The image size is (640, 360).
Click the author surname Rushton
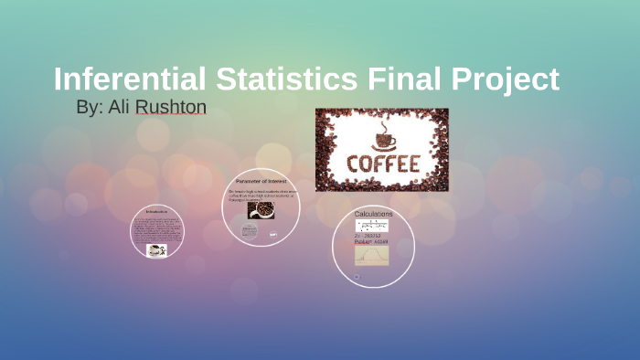tap(171, 108)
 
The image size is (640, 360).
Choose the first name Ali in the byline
tap(119, 108)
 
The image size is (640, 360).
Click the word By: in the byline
tap(89, 108)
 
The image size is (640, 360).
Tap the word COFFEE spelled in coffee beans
tap(382, 164)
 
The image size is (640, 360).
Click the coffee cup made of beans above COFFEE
tap(382, 137)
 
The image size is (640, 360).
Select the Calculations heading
tap(373, 214)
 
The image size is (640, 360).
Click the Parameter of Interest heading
tap(261, 181)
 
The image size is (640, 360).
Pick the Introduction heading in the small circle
tap(156, 211)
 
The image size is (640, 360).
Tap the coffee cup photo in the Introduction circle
tap(156, 249)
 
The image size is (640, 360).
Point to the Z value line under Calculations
tap(369, 236)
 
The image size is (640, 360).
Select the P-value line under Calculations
tap(371, 242)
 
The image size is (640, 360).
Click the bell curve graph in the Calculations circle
tap(371, 255)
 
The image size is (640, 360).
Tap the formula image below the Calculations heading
tap(372, 225)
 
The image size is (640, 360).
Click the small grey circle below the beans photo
tap(250, 230)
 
